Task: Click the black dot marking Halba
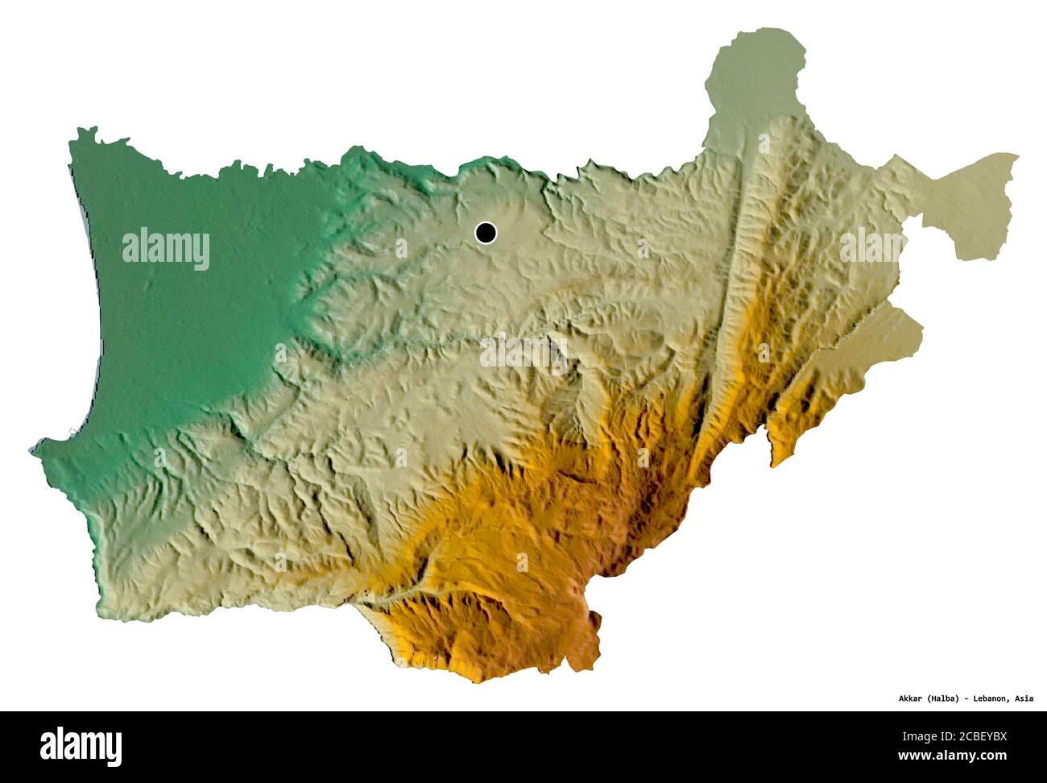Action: click(485, 233)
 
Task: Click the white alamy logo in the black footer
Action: click(81, 747)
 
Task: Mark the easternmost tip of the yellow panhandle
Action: click(1017, 157)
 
